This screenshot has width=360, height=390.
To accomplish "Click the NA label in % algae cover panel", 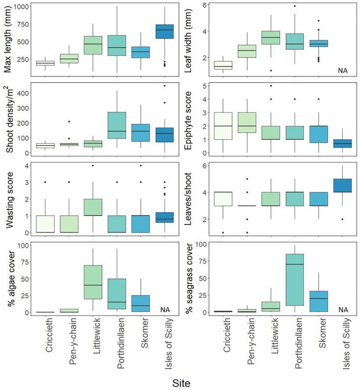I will tap(166, 310).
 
